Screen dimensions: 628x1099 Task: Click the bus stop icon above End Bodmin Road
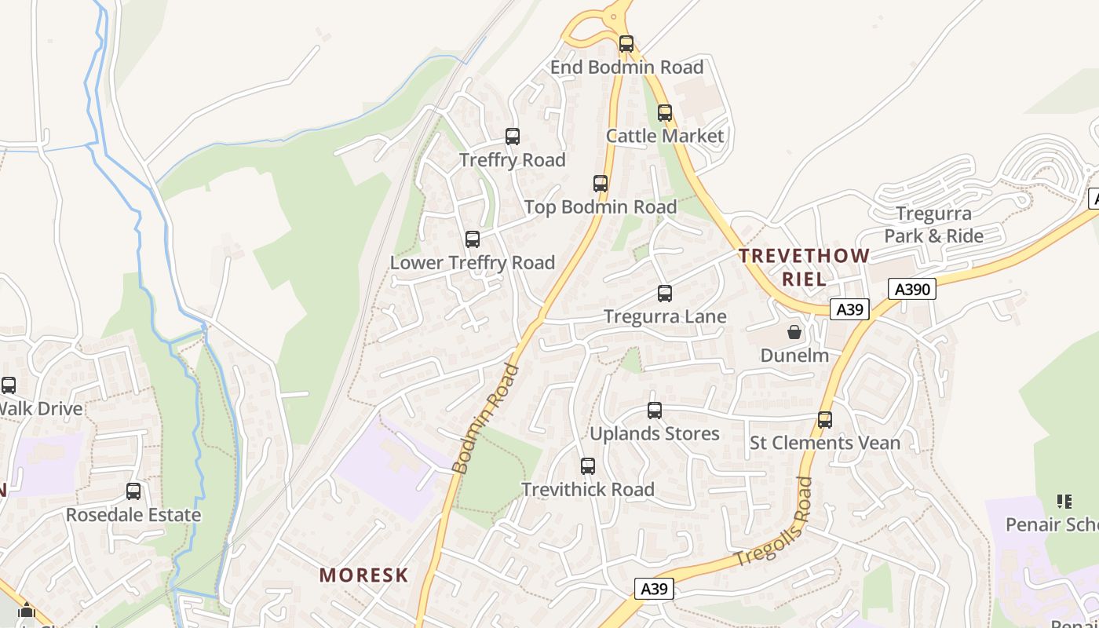pyautogui.click(x=626, y=44)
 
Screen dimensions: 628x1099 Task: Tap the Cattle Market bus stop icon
pyautogui.click(x=665, y=113)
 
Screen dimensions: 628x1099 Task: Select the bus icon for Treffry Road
pyautogui.click(x=513, y=137)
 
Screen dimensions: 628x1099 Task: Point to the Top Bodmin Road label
pyautogui.click(x=600, y=207)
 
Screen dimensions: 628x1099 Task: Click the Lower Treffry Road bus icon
pyautogui.click(x=472, y=239)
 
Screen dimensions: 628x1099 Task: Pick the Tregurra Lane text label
pyautogui.click(x=665, y=316)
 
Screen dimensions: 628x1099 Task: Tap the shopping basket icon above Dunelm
pyautogui.click(x=794, y=332)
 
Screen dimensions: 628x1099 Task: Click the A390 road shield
pyautogui.click(x=913, y=290)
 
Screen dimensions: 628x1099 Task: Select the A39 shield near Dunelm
pyautogui.click(x=849, y=309)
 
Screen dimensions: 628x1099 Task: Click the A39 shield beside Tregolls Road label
pyautogui.click(x=654, y=589)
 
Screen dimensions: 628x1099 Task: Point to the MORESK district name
pyautogui.click(x=363, y=575)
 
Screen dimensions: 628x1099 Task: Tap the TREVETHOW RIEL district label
pyautogui.click(x=804, y=267)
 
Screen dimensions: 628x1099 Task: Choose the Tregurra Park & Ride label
pyautogui.click(x=933, y=225)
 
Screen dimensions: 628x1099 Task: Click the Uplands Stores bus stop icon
pyautogui.click(x=655, y=411)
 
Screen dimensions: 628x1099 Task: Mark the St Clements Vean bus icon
pyautogui.click(x=825, y=420)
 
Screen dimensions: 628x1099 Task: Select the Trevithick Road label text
pyautogui.click(x=588, y=490)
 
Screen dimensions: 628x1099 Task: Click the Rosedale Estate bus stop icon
pyautogui.click(x=133, y=491)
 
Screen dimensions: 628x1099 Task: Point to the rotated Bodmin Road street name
pyautogui.click(x=486, y=419)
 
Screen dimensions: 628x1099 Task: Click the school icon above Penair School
pyautogui.click(x=1064, y=501)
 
